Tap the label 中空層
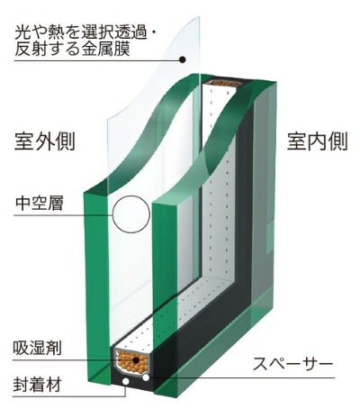pos(40,203)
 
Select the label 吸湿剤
pos(37,348)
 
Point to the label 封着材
pos(37,385)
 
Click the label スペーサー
pos(292,364)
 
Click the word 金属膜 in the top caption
pos(102,49)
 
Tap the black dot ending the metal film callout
pos(182,59)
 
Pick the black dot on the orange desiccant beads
pos(136,360)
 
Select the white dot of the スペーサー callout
pos(146,377)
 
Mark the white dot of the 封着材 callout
pos(126,382)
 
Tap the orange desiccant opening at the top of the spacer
pos(225,83)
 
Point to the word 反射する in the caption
pos(44,49)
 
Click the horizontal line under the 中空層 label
pos(63,215)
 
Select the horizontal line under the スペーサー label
pos(242,377)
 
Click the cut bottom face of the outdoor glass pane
pos(99,385)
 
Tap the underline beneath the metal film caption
pos(97,61)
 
